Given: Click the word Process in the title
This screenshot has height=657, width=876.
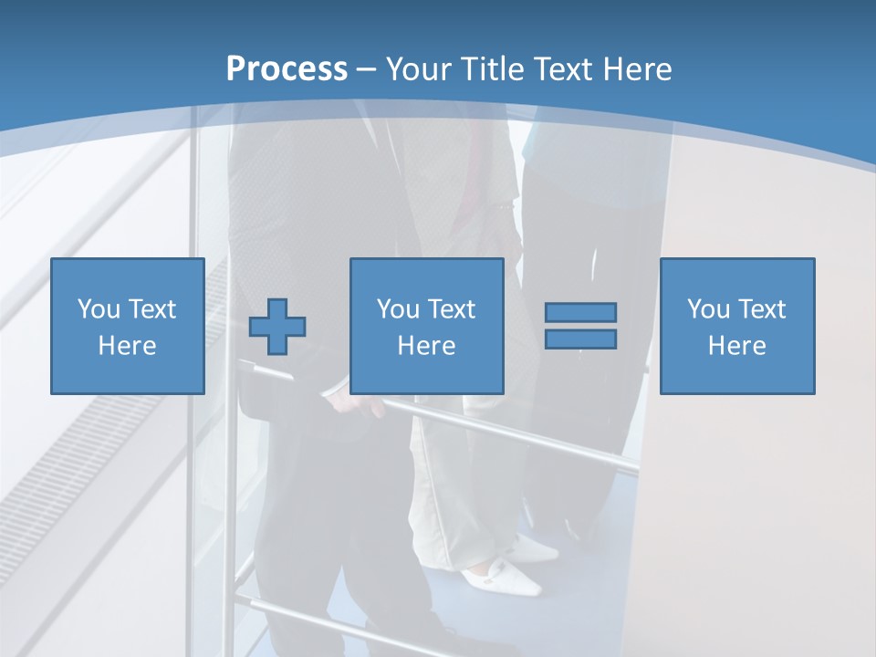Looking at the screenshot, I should click(x=287, y=69).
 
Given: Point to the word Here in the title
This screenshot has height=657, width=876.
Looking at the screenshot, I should click(x=636, y=69).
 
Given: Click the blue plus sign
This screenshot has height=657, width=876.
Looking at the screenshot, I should click(x=277, y=326).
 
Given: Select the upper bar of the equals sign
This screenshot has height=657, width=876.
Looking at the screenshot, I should click(x=580, y=312).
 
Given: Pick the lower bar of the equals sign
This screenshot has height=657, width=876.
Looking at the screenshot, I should click(x=580, y=339).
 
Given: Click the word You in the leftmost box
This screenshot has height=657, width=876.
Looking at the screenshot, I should click(x=99, y=309).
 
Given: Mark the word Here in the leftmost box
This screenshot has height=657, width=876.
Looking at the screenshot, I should click(x=128, y=346).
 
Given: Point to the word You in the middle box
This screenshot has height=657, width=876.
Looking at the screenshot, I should click(x=398, y=309).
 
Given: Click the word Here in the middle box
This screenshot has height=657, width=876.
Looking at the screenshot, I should click(x=427, y=346).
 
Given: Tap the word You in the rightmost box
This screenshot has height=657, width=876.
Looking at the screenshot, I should click(x=708, y=309).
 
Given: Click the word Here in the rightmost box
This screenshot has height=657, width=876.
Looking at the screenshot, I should click(x=737, y=346).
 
